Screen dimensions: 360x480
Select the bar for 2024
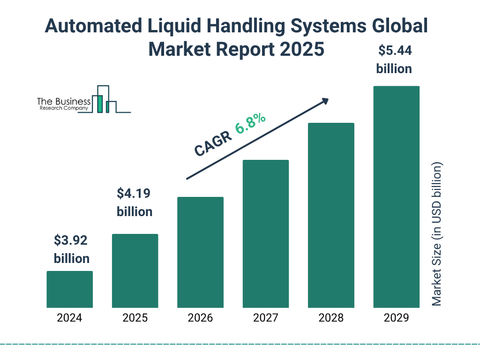pos(69,289)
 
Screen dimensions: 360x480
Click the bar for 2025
pos(135,270)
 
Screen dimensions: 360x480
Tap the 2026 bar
pos(200,252)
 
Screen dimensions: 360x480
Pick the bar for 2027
pos(266,233)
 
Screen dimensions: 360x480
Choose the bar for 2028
pos(331,215)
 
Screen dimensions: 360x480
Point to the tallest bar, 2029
pos(396,197)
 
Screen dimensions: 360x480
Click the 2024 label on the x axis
pos(69,318)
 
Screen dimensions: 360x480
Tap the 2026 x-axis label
pos(200,318)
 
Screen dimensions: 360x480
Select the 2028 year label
pos(331,318)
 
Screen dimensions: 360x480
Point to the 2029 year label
pos(396,318)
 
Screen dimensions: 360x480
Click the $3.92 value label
pos(71,240)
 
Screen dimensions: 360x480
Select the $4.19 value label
pos(134,194)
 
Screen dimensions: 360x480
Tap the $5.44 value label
pos(394,50)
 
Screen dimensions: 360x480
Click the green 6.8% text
pos(250,123)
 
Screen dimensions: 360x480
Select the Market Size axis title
pos(437,234)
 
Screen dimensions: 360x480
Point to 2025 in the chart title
pos(300,49)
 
